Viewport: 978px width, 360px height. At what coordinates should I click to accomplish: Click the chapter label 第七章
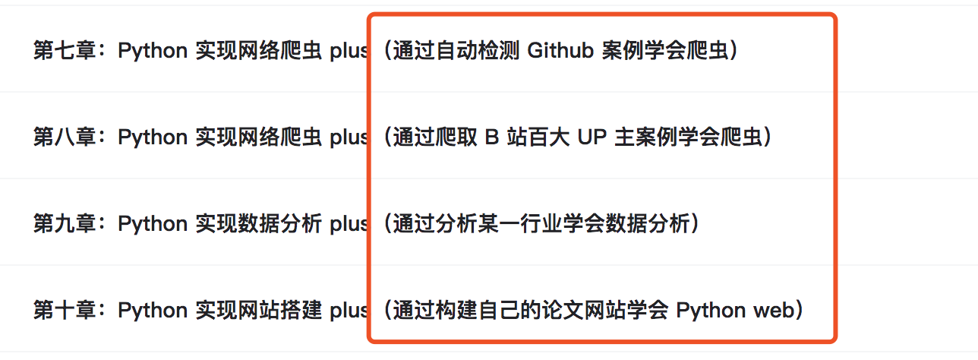(x=65, y=50)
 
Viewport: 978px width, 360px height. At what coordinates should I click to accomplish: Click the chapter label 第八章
(x=65, y=137)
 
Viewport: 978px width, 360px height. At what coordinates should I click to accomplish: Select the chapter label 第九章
(x=65, y=223)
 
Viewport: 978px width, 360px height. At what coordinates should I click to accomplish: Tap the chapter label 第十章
(x=65, y=310)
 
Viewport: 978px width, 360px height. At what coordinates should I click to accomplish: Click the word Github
(x=560, y=50)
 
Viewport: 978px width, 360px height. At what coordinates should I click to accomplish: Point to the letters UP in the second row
(x=592, y=137)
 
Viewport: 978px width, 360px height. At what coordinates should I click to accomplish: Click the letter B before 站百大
(x=492, y=137)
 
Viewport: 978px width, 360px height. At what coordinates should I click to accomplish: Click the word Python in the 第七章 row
(x=153, y=51)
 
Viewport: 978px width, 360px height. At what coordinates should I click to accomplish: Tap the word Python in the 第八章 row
(x=153, y=137)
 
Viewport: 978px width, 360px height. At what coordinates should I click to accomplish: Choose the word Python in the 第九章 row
(x=153, y=224)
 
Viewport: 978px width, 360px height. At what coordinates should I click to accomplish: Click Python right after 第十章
(x=153, y=311)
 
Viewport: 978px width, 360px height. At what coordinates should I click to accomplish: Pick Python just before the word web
(x=711, y=311)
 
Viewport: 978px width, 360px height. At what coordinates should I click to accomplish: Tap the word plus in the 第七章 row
(x=349, y=51)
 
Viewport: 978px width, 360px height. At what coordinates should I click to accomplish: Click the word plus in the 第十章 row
(x=349, y=311)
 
